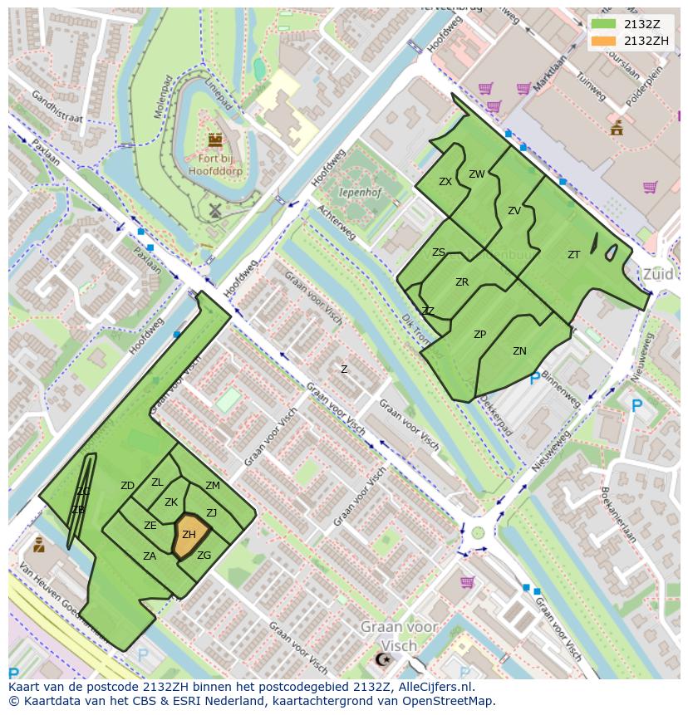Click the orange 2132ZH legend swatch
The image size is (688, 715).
coord(605,41)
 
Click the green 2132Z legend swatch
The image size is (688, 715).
coord(605,24)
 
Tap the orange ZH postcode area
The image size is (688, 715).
coord(190,536)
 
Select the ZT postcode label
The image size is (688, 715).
coord(573,255)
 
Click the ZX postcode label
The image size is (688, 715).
coord(445,182)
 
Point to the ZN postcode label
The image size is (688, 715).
coord(519,351)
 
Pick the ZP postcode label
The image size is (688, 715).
coord(479,335)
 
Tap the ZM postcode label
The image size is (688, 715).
coord(213,486)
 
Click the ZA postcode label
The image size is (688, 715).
coord(150,556)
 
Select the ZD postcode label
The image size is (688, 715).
coord(127,486)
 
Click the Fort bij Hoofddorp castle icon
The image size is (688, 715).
coord(215,140)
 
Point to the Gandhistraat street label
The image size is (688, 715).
coord(57,106)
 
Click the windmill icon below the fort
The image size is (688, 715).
coord(214,211)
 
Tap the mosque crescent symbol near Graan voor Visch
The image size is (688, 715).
coord(383,659)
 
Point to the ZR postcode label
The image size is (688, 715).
coord(462,282)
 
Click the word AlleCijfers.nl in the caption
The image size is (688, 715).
coord(433,687)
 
